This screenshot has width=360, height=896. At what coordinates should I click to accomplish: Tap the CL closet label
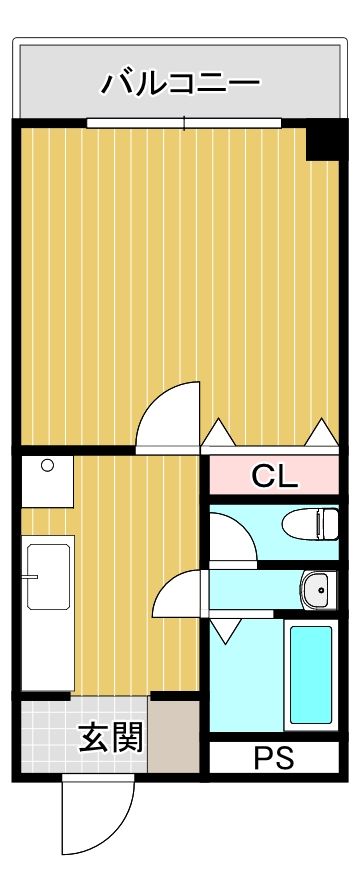coord(274,476)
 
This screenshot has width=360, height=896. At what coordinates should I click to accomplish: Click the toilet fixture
coord(310,523)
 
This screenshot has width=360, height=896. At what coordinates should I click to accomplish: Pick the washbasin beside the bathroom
coord(316,589)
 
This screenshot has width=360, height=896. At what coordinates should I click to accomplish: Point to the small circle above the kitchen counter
coord(47,465)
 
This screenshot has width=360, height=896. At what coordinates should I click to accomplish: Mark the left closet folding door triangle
coord(218,433)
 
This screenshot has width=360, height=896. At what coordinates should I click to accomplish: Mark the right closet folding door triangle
coord(321,433)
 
